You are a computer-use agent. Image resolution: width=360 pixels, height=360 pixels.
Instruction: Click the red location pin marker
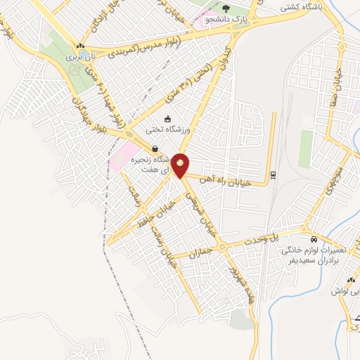[x=181, y=165]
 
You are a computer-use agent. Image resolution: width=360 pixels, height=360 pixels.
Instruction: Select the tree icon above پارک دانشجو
[x=226, y=8]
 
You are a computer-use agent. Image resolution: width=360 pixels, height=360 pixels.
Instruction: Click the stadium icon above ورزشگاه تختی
[x=167, y=119]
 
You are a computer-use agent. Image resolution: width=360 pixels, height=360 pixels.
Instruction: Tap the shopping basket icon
[x=154, y=148]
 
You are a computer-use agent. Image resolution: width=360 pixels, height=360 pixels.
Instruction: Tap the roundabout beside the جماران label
[x=221, y=246]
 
